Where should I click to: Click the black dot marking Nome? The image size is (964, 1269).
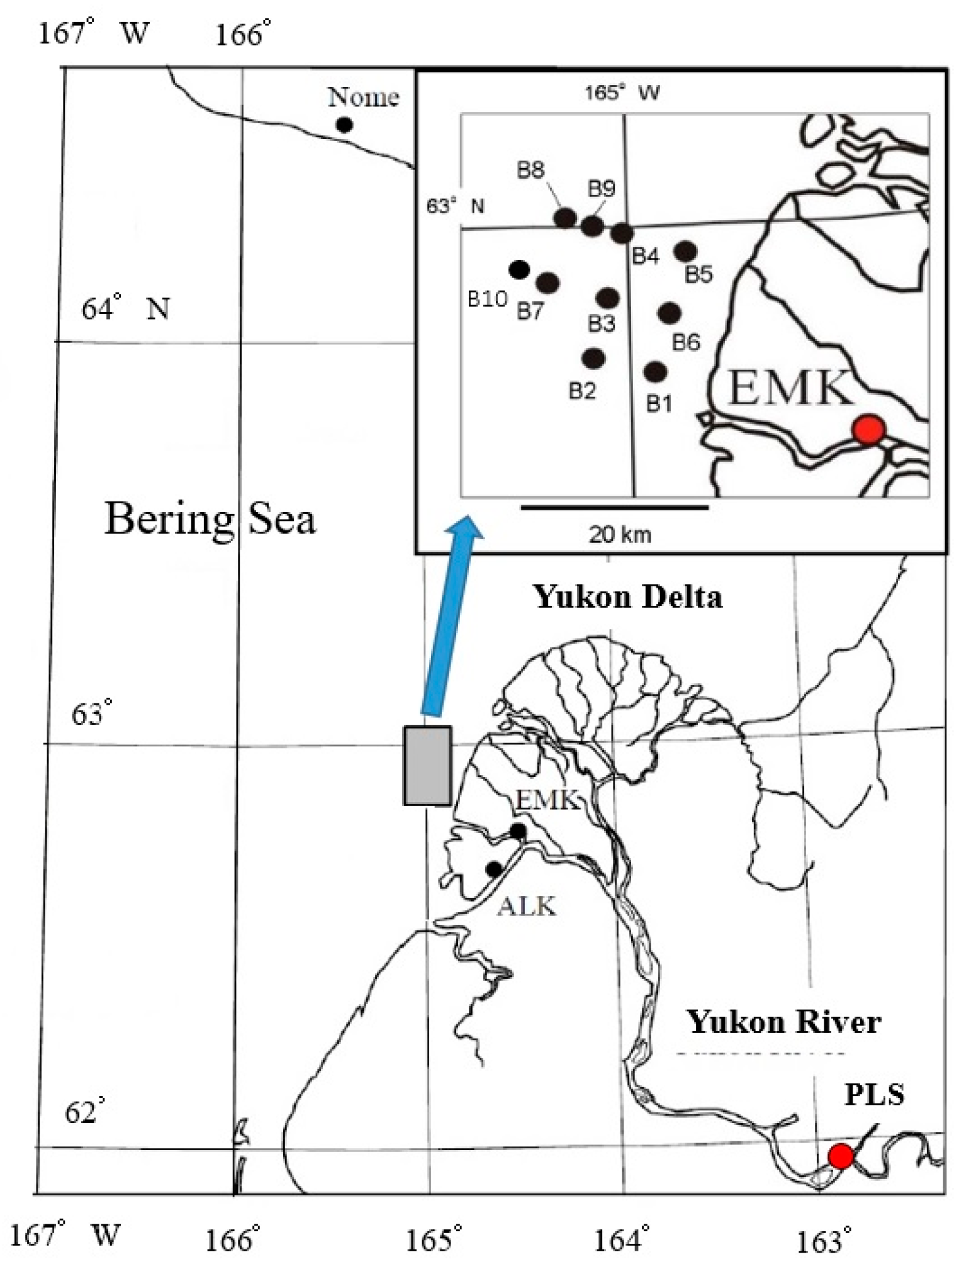coord(344,125)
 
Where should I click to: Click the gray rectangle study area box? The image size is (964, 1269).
coord(427,766)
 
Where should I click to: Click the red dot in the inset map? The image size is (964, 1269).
coord(869,430)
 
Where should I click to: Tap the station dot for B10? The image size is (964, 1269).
coord(518,270)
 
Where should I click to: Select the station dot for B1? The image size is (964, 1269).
coord(655,371)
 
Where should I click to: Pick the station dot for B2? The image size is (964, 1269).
coord(593,359)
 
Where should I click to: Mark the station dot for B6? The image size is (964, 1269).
coord(670,312)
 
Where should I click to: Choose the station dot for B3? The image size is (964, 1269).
coord(607,298)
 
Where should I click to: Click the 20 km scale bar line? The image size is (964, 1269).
coord(615,506)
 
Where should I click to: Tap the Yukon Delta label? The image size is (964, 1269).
coord(628,596)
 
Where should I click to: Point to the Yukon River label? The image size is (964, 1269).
coord(783,1022)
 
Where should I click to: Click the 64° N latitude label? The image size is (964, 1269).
coord(126,309)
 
